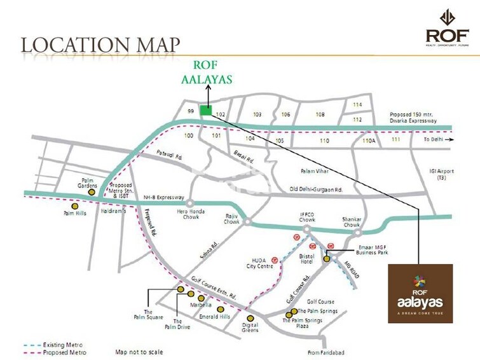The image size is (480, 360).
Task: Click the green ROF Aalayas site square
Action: tap(205, 110)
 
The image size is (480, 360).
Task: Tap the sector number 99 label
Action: tap(190, 111)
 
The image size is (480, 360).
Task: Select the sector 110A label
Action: tap(370, 140)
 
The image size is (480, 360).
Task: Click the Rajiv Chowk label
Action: tap(231, 222)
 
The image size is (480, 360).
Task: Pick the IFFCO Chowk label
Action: tap(306, 218)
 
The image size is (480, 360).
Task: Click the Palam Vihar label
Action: tap(313, 171)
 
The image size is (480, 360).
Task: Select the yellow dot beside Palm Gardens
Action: tap(92, 191)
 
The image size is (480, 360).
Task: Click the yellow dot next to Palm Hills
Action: tap(76, 206)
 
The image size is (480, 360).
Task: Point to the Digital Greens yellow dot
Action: tap(250, 317)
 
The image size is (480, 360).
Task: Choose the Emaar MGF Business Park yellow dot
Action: tap(327, 258)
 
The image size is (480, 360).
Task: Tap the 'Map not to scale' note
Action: tap(139, 352)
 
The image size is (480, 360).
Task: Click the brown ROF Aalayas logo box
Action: tap(420, 293)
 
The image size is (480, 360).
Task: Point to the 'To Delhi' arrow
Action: tap(450, 139)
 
